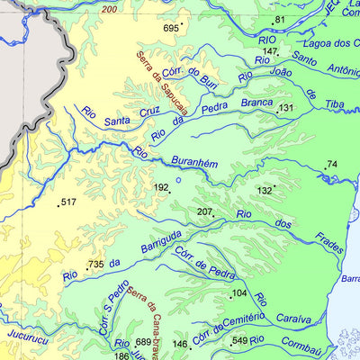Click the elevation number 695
pos(171,29)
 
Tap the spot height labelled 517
pos(68,202)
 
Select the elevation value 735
pos(96,265)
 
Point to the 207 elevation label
pos(205,212)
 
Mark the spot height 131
pos(286,108)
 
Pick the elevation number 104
pos(238,294)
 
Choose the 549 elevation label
pos(239,341)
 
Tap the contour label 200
pos(110,9)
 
